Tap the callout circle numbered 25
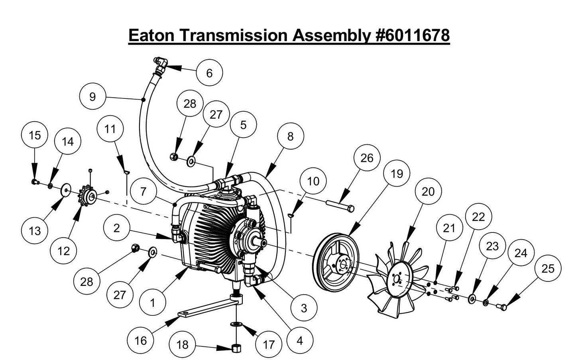coord(548,268)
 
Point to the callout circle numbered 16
coord(141,340)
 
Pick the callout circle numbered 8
coord(290,136)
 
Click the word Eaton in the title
coord(151,35)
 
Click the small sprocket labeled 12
coord(88,195)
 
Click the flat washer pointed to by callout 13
coord(65,190)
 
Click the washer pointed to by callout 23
coord(472,299)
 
